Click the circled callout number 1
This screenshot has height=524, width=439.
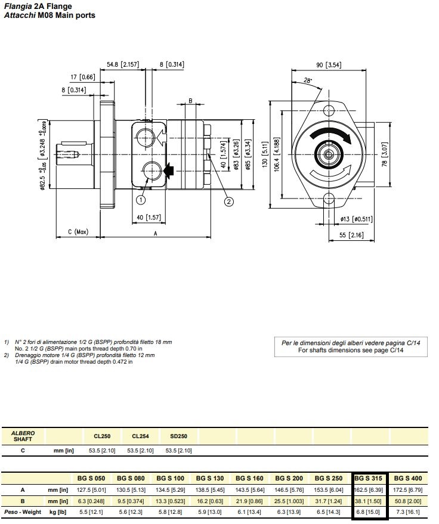pos(141,200)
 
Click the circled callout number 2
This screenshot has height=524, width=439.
pos(228,201)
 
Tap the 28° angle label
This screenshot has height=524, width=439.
pos(307,80)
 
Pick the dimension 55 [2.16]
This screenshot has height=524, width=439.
pos(355,235)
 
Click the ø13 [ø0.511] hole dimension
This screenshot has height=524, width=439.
pos(357,219)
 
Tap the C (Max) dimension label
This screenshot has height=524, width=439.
pos(78,232)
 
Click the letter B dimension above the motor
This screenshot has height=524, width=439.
pos(190,101)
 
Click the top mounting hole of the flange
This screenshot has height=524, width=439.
pos(329,109)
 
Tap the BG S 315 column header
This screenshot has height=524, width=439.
pos(369,478)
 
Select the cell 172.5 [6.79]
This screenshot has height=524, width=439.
pos(408,489)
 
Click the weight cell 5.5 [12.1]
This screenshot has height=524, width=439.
pos(91,512)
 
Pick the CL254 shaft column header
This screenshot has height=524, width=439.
pos(140,436)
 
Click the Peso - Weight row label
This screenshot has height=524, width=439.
pos(23,512)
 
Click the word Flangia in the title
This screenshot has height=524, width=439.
pos(17,6)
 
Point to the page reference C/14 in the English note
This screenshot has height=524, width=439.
pos(396,351)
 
